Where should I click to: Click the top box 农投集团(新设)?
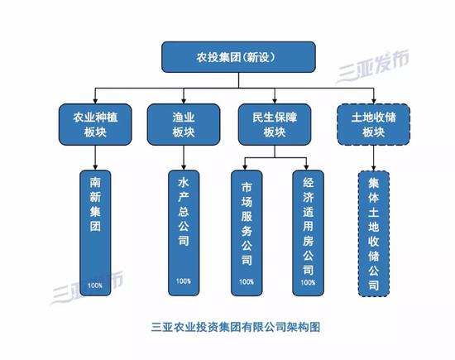click(x=238, y=57)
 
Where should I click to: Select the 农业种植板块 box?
click(x=95, y=124)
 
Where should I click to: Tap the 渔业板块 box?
click(x=184, y=124)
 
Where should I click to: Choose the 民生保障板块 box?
click(x=275, y=124)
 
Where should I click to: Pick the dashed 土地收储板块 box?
click(x=373, y=124)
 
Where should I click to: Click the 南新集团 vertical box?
click(x=95, y=233)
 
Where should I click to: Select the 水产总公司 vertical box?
click(x=184, y=233)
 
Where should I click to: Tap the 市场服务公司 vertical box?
click(x=247, y=233)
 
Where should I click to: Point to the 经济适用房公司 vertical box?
click(x=308, y=233)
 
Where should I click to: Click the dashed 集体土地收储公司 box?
click(x=373, y=233)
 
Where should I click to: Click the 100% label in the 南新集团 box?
click(x=95, y=286)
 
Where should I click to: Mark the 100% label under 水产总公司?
click(x=184, y=281)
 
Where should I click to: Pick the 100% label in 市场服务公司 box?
click(x=247, y=281)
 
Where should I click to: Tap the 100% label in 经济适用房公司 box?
click(x=308, y=282)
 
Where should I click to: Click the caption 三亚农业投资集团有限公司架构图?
click(x=236, y=327)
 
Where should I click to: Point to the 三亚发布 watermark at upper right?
click(x=373, y=66)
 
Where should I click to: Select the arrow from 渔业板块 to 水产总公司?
click(x=184, y=157)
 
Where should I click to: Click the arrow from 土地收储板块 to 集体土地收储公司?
click(x=373, y=158)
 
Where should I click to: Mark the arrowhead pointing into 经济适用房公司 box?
click(x=306, y=167)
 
